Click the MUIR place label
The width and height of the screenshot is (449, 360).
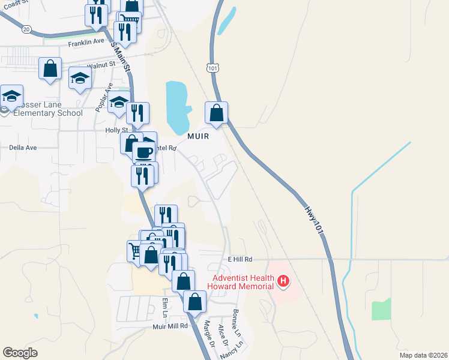(198, 136)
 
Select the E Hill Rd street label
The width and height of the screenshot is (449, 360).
(240, 259)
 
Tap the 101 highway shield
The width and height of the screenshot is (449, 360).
(211, 67)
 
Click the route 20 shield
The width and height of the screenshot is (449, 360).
(26, 29)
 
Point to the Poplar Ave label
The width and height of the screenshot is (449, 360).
(104, 98)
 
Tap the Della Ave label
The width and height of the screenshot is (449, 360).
(23, 147)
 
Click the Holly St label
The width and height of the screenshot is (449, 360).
(116, 130)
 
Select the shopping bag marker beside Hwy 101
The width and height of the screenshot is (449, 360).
(217, 112)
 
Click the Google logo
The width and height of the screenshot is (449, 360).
(20, 353)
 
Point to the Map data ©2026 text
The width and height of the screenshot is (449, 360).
(423, 355)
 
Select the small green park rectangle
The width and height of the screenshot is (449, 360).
(381, 310)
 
